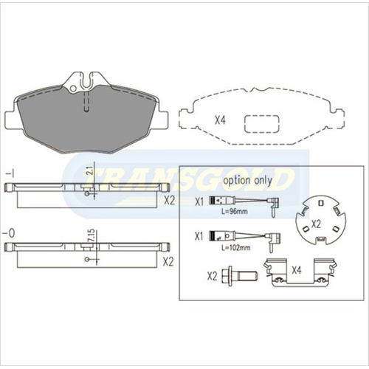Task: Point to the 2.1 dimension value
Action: coord(89,171)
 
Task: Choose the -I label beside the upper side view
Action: coord(9,172)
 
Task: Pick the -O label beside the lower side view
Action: coord(9,235)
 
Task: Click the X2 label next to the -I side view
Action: coord(169,199)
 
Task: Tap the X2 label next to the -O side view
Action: coord(169,261)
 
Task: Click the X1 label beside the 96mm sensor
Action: coord(198,201)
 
